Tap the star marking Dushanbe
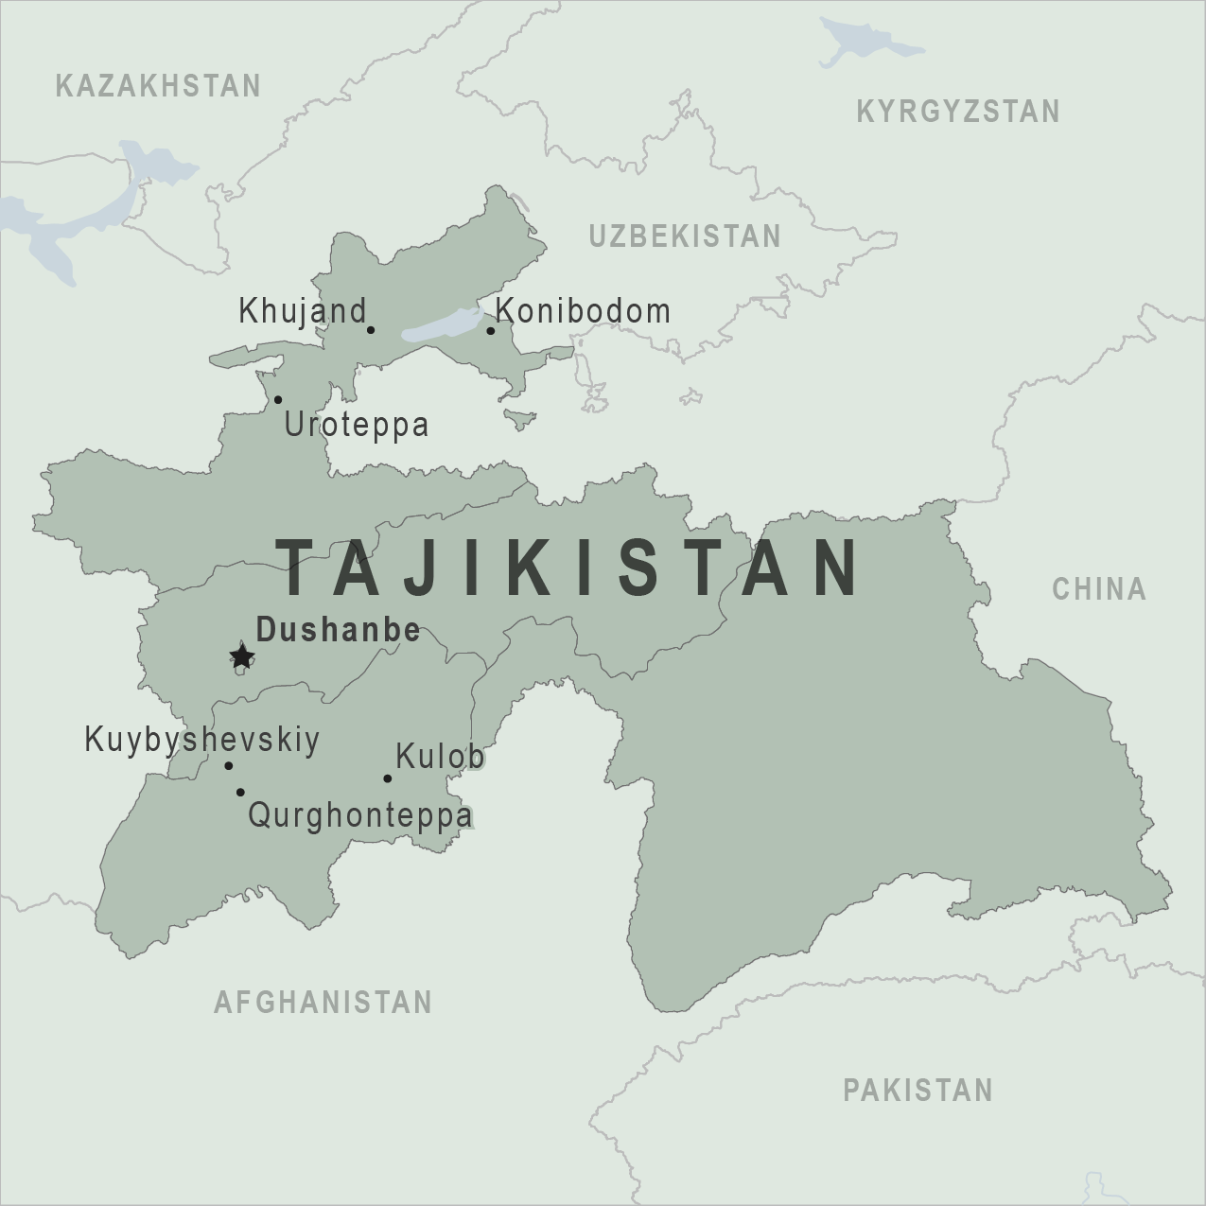point(242,655)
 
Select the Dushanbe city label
point(338,630)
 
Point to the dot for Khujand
point(371,330)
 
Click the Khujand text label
point(302,310)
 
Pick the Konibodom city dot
point(491,330)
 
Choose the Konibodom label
point(583,310)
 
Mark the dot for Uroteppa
point(278,399)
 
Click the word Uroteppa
point(357,425)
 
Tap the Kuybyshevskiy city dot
point(229,766)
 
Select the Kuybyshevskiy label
point(202,740)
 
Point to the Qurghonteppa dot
point(240,792)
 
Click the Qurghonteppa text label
point(359,815)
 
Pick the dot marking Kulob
point(387,778)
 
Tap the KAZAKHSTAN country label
point(158,86)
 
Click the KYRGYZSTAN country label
point(957,112)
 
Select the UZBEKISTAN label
point(685,236)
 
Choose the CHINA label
point(1099,589)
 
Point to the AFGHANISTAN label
point(323,1002)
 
